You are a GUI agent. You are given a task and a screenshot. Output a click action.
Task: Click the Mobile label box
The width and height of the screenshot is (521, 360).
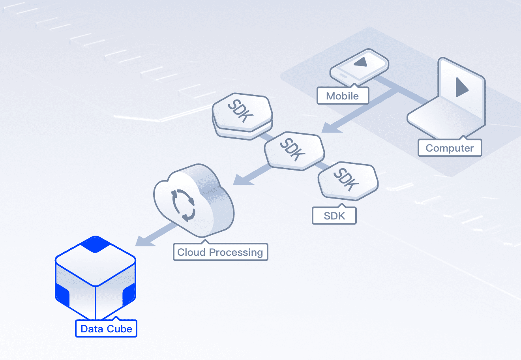click(343, 96)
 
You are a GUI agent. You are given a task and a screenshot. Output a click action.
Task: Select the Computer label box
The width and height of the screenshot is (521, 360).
click(450, 148)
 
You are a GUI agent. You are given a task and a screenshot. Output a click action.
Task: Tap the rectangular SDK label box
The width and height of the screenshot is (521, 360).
click(334, 216)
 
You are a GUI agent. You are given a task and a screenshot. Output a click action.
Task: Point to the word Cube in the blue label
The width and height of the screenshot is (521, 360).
click(120, 329)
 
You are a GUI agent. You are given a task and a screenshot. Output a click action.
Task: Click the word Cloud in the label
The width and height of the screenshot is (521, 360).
click(191, 252)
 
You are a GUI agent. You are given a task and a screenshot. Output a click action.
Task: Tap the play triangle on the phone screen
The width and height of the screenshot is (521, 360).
click(361, 62)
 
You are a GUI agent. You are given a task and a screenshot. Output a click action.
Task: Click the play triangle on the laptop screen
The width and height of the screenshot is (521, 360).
click(461, 87)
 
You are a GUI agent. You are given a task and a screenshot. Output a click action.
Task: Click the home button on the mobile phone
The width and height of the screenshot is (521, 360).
click(343, 76)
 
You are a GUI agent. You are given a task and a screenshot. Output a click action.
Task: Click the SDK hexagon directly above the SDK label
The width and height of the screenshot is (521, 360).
click(348, 180)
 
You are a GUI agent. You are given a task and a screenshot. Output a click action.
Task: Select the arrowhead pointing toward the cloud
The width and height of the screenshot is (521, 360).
click(240, 180)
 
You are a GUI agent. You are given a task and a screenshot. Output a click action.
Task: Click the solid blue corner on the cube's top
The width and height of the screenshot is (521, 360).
click(96, 244)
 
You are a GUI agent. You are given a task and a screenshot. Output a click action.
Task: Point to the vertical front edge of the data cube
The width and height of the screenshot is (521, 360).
click(96, 302)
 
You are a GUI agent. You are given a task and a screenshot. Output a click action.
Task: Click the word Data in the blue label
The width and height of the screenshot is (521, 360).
click(92, 329)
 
